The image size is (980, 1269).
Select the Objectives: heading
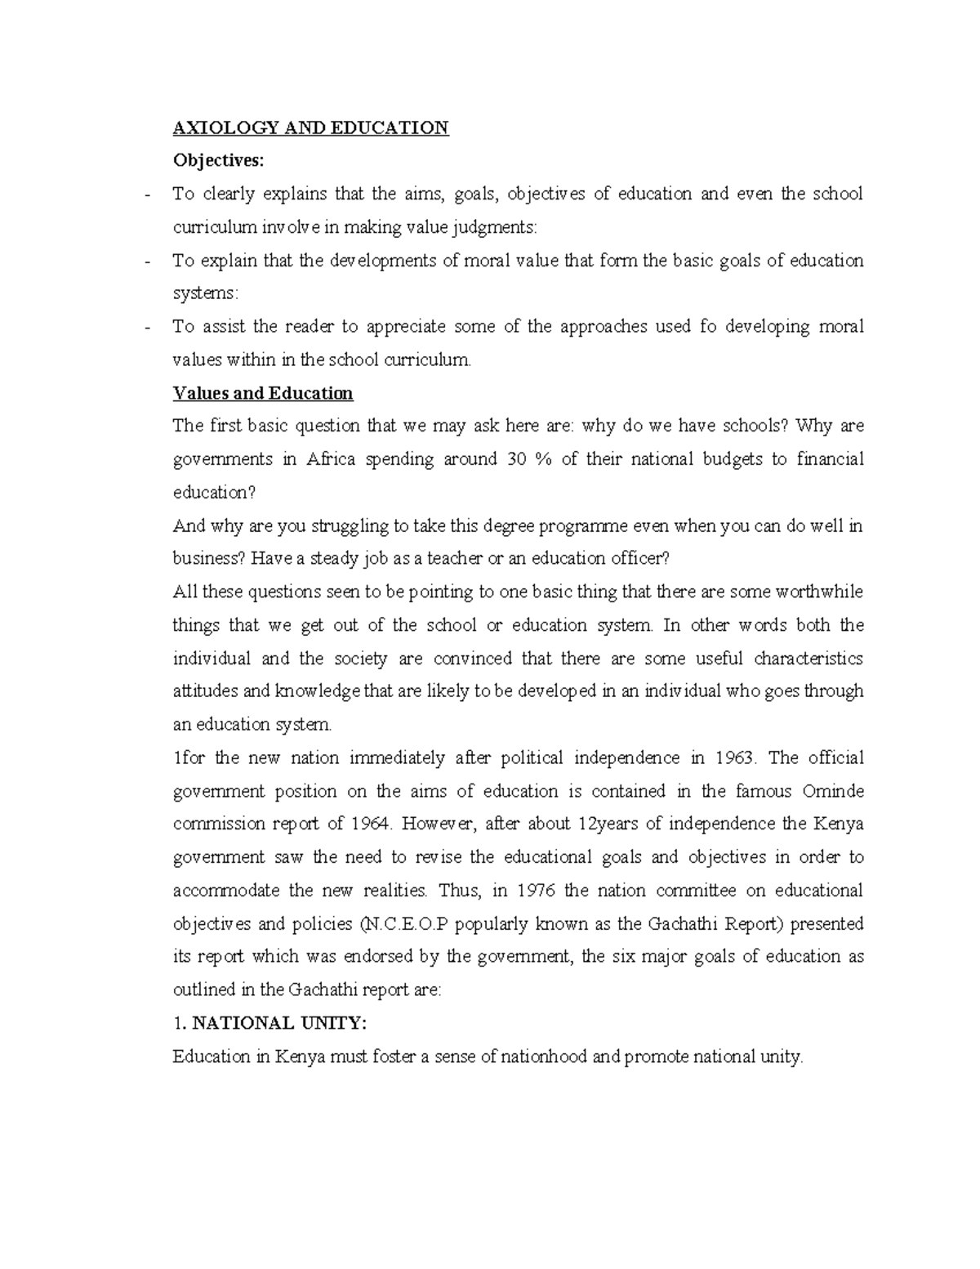pos(219,161)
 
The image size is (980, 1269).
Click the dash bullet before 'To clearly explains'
pos(146,195)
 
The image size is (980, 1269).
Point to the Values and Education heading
pos(263,393)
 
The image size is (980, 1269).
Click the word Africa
pos(331,459)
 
